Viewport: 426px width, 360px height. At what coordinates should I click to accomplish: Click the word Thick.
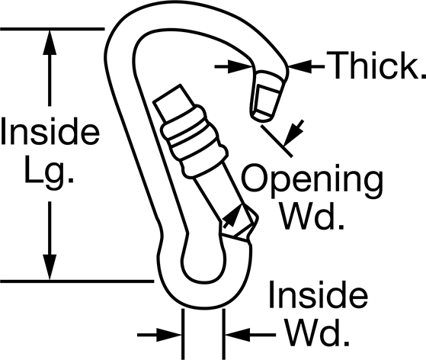(x=376, y=66)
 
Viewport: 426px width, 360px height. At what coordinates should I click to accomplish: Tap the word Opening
(x=312, y=182)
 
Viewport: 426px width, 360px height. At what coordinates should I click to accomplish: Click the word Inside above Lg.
(x=50, y=131)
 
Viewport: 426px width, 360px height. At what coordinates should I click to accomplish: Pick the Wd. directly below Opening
(x=312, y=216)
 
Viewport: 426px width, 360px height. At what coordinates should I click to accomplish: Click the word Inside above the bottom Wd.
(x=318, y=294)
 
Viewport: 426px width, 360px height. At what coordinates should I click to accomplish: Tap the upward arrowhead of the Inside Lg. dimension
(x=50, y=43)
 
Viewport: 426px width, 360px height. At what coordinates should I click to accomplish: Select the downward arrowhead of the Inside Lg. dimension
(x=50, y=267)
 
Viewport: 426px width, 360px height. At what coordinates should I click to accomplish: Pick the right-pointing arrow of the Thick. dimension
(x=235, y=66)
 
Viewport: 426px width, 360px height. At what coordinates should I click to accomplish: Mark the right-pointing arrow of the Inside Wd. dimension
(x=159, y=335)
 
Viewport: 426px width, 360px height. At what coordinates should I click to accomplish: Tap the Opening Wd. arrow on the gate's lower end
(x=232, y=216)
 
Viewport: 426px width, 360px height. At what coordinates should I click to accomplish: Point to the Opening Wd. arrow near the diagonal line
(x=294, y=133)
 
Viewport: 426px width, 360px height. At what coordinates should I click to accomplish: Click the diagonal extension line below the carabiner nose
(x=277, y=140)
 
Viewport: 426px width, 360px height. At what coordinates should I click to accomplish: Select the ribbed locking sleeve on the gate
(x=194, y=141)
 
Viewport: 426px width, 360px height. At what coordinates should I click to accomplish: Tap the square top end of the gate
(x=174, y=102)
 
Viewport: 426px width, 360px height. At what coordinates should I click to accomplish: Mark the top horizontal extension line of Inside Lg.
(x=52, y=28)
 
